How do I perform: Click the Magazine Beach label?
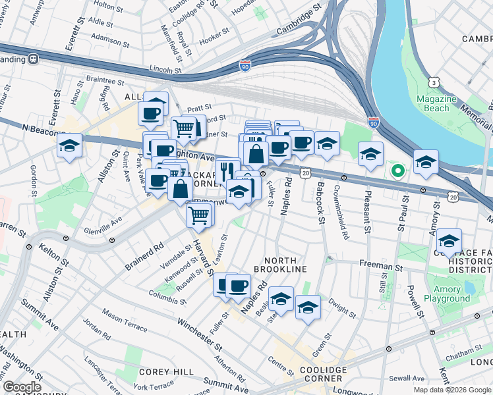pos(436,103)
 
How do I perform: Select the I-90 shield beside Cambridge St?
pos(245,66)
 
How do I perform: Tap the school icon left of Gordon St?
pos(69,145)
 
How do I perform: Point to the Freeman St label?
pos(380,267)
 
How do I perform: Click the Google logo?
pos(22,387)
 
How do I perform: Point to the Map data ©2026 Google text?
pos(451,390)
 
